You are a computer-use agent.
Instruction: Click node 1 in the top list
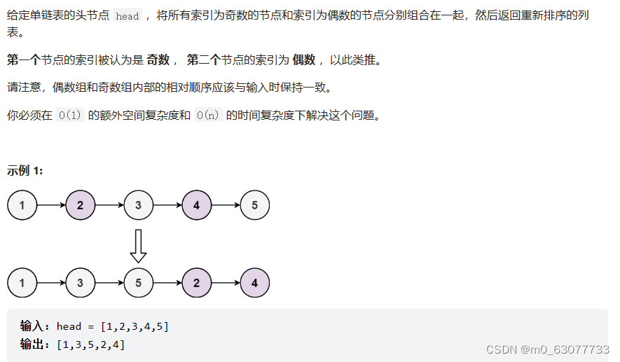22,205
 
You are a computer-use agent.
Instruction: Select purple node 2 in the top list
81,205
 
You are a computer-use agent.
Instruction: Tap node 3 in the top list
139,205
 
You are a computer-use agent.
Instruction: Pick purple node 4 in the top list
196,205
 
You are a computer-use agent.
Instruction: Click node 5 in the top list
254,205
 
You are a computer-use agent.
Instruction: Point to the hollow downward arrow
139,245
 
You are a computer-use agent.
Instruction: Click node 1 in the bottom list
22,283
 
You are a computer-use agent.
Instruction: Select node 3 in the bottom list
81,283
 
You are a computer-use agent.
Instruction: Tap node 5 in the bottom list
139,283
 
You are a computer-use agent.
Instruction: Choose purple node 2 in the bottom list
196,283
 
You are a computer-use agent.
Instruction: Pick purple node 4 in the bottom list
254,283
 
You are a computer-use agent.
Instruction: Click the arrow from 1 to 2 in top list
51,205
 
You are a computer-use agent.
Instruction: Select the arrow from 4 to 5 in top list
226,205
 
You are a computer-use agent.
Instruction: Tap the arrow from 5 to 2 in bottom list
167,283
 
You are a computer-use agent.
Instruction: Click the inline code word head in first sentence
127,16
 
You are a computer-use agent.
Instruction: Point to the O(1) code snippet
70,116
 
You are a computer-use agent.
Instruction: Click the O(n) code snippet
208,116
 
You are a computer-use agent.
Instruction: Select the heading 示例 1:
25,170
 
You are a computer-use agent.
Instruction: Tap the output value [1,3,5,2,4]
91,344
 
